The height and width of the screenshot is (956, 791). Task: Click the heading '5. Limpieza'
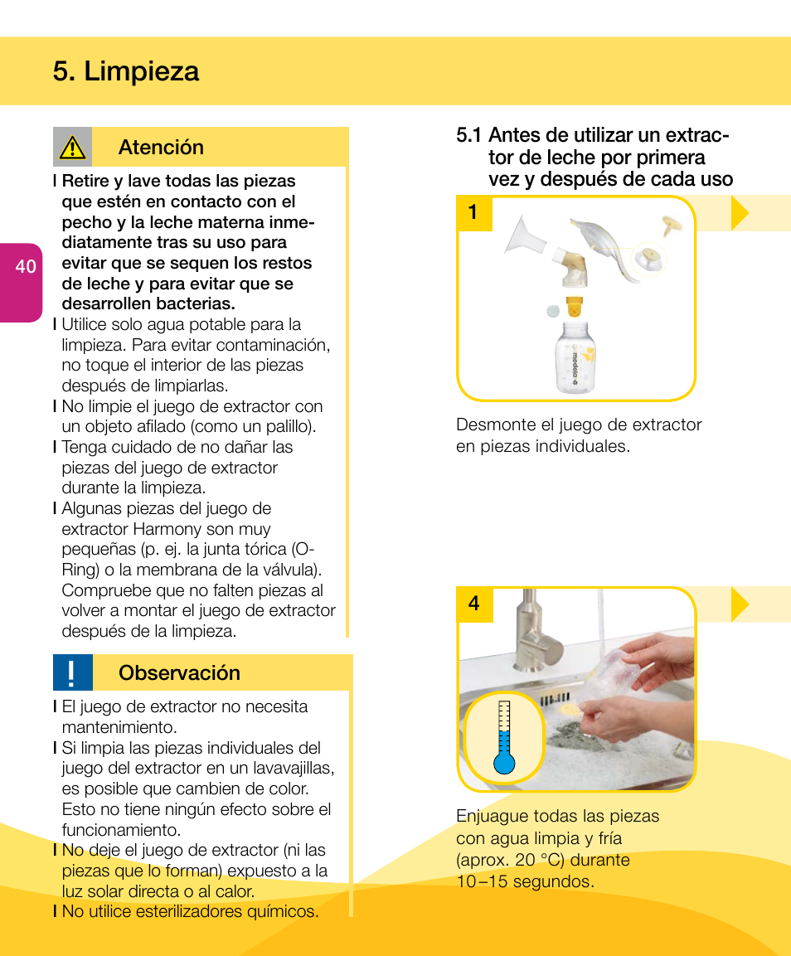pos(125,71)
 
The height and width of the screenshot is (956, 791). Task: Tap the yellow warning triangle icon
pos(72,148)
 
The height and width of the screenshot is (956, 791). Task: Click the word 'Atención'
pos(161,148)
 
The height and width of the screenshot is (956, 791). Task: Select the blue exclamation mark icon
pos(72,672)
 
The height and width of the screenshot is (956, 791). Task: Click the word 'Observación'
pos(179,672)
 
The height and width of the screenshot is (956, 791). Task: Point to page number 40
pos(25,266)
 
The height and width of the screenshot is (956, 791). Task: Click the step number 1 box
pos(473,213)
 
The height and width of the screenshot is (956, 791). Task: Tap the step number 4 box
pos(473,604)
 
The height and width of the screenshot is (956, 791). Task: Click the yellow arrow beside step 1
pos(740,213)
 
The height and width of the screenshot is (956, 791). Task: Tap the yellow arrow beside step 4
pos(740,604)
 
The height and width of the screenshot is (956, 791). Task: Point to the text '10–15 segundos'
pos(524,881)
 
